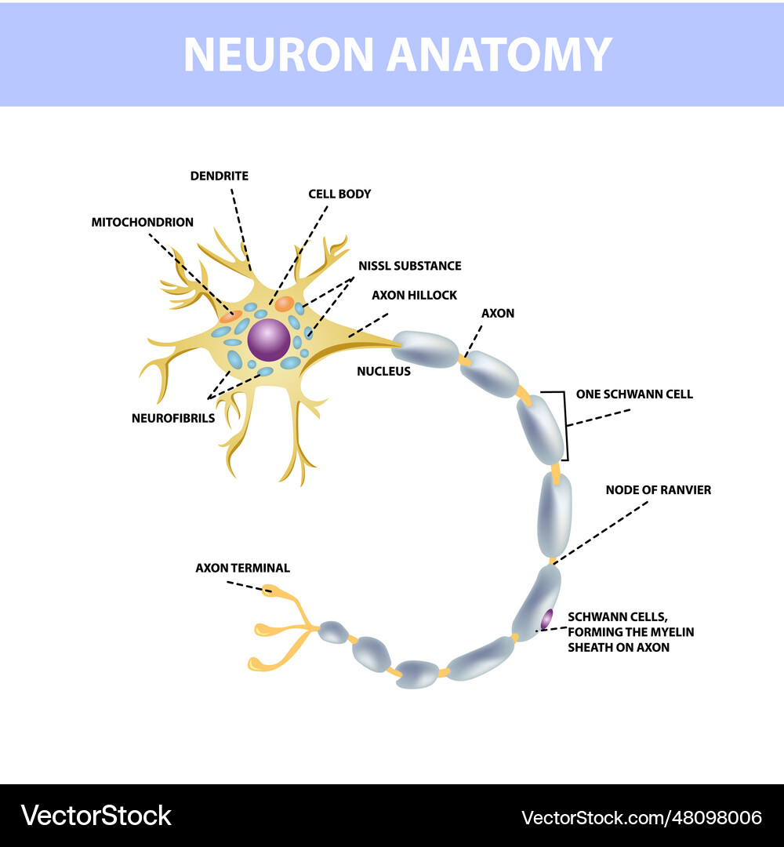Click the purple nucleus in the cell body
(269, 339)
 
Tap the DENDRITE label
(219, 176)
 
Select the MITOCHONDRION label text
(142, 222)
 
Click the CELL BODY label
(339, 193)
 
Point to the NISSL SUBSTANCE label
(409, 266)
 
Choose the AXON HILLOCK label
(414, 295)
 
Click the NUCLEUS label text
(383, 371)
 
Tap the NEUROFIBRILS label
(172, 418)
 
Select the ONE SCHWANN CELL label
(634, 394)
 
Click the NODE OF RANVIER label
(658, 489)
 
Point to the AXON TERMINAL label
(242, 568)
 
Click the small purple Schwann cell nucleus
(546, 618)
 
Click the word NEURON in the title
(278, 54)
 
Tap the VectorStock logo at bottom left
(96, 816)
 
